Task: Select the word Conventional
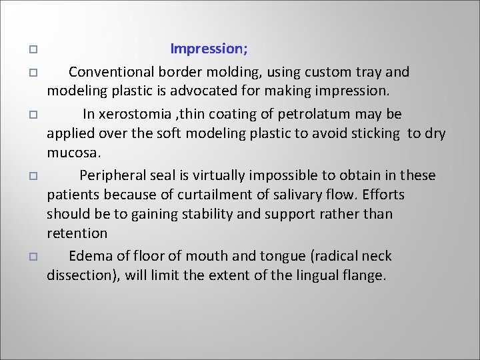[109, 72]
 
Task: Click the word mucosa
[73, 153]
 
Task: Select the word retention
[77, 233]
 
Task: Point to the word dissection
[80, 275]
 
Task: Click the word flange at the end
[365, 275]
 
